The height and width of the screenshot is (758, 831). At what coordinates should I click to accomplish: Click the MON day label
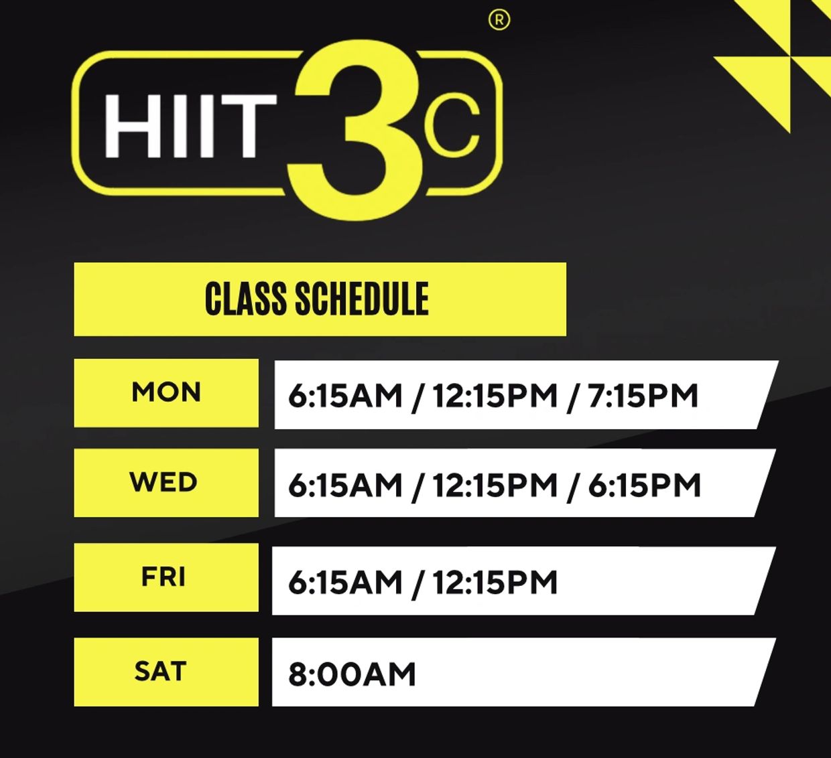(166, 392)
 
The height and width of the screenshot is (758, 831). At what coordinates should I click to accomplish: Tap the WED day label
(164, 482)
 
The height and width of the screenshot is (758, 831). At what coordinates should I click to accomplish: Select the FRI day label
(164, 577)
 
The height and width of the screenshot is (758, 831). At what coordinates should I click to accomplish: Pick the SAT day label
(160, 671)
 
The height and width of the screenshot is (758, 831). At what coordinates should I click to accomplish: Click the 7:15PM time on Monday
(643, 395)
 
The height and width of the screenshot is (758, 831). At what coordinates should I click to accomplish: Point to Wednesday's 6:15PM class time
(645, 485)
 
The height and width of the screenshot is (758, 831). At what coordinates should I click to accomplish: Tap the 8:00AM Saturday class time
(352, 674)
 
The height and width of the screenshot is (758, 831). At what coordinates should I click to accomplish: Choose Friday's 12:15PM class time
(495, 582)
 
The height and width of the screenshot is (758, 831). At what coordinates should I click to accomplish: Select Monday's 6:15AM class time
(345, 395)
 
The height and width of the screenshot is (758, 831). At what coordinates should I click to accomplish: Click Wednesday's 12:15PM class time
(495, 485)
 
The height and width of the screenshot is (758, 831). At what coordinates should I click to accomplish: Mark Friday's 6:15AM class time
(345, 582)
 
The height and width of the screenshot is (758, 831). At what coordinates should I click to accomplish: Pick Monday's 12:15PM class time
(495, 395)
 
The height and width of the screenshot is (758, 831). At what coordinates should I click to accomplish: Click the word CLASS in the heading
(246, 299)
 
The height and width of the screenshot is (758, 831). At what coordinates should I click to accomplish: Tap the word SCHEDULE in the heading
(362, 299)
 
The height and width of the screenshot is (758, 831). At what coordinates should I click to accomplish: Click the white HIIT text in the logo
(190, 126)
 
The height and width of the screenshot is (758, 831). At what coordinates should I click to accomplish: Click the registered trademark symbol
(499, 20)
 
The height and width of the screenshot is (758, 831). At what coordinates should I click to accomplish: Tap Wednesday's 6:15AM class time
(345, 485)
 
